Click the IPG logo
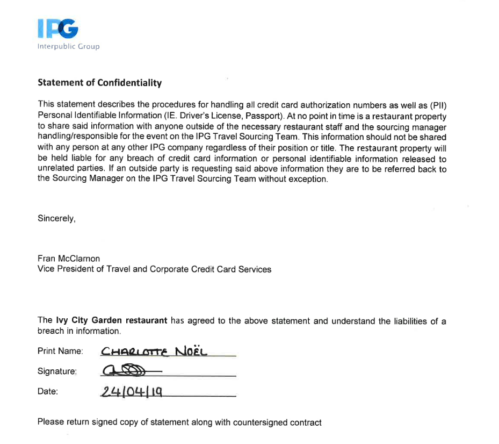point(58,28)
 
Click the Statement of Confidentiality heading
point(99,83)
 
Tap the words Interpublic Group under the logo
point(68,46)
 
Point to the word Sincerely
point(56,218)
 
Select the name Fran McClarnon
point(69,259)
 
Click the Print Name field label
point(60,351)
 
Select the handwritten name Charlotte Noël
point(154,352)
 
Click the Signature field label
point(57,371)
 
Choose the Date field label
point(47,391)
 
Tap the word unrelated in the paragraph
point(55,169)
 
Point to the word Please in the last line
point(50,422)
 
